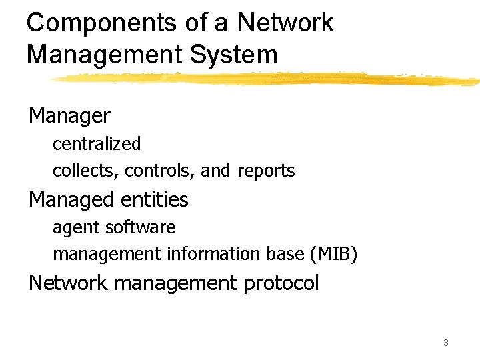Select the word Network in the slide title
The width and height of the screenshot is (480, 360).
click(x=285, y=23)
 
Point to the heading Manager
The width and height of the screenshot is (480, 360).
click(x=69, y=116)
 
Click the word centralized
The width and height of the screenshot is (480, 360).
click(x=97, y=143)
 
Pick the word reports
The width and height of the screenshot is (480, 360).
click(x=266, y=171)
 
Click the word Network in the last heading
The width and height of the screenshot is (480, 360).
click(x=68, y=283)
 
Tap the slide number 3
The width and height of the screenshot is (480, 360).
click(x=445, y=343)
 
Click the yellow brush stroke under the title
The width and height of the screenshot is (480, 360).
click(x=267, y=79)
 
